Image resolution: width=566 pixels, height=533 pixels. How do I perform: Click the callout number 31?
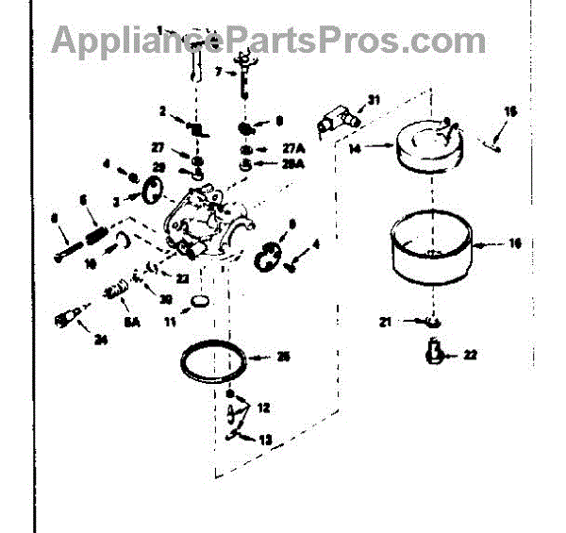click(373, 100)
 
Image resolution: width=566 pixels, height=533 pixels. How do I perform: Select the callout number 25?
click(283, 356)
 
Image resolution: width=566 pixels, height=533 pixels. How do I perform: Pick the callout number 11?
click(170, 323)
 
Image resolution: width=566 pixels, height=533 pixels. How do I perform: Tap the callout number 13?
click(265, 440)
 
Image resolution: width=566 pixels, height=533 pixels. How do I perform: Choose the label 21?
click(385, 323)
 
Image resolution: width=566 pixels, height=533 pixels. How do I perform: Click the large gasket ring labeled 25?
click(213, 363)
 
